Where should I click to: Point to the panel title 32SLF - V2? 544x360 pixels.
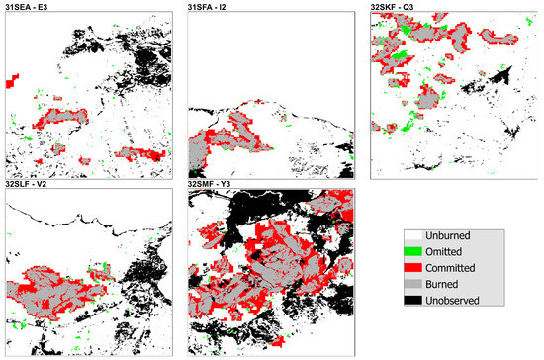(x=29, y=184)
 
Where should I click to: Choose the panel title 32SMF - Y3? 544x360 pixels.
(x=213, y=184)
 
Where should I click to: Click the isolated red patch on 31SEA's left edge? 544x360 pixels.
(x=13, y=80)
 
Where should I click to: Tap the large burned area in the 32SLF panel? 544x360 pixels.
(x=59, y=292)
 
